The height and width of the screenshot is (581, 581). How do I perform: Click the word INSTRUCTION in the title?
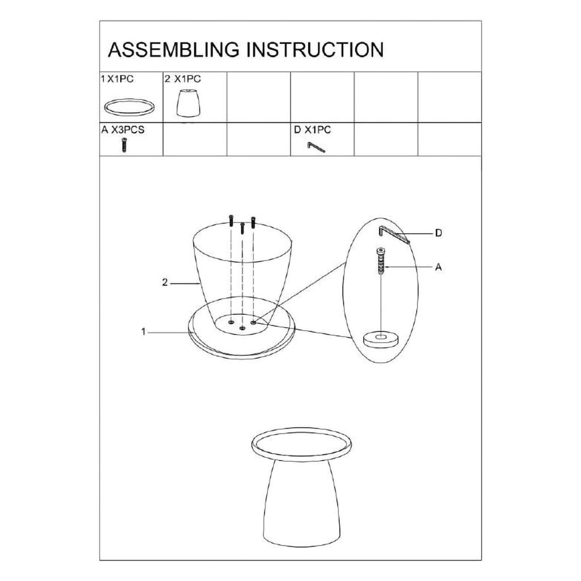click(x=315, y=50)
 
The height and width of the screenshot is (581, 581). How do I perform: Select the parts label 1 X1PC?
click(x=117, y=79)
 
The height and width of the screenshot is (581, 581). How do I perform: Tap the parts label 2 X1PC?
click(x=183, y=79)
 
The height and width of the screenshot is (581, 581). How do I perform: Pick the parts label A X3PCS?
click(x=123, y=130)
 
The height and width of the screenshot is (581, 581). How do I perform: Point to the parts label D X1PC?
click(x=313, y=130)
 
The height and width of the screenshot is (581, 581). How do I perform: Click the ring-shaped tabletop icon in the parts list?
click(x=129, y=108)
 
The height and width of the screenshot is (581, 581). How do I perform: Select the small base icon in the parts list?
click(x=188, y=103)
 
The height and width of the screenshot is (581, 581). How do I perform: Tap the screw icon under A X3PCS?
click(x=124, y=145)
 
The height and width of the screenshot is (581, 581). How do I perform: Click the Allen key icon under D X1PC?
click(x=315, y=147)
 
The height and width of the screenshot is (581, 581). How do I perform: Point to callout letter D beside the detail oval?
click(x=439, y=233)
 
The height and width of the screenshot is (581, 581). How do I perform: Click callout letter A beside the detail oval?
click(x=439, y=267)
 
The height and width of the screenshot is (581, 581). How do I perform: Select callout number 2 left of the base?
click(x=165, y=283)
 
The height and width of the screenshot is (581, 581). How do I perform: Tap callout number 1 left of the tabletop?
click(x=144, y=332)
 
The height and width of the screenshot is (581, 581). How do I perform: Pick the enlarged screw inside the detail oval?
click(x=381, y=261)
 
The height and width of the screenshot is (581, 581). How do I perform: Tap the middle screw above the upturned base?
click(x=242, y=228)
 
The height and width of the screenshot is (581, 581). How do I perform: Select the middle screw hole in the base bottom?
click(x=242, y=328)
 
